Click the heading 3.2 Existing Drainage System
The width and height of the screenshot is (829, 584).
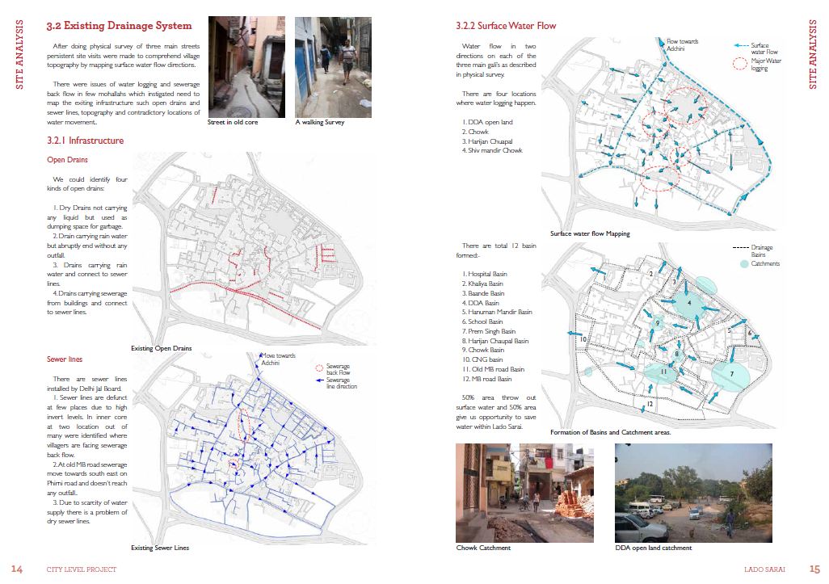(x=119, y=26)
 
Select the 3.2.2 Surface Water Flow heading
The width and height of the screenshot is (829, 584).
(x=506, y=26)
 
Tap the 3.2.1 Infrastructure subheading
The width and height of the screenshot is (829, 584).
(x=85, y=141)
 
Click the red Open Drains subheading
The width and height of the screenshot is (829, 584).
(x=68, y=160)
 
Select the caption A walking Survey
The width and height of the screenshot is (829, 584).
(x=320, y=122)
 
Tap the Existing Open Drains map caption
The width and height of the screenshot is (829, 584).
(x=162, y=348)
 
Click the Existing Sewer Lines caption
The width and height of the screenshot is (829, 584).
(x=160, y=548)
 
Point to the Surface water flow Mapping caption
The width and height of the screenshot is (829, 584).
(x=590, y=234)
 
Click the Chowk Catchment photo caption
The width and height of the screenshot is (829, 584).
(x=483, y=548)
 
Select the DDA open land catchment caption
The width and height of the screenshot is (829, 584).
(x=654, y=548)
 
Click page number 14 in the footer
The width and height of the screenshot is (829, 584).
(x=17, y=569)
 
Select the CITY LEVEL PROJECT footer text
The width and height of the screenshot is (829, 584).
(x=82, y=569)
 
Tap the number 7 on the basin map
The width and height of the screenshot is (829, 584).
(x=732, y=375)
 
